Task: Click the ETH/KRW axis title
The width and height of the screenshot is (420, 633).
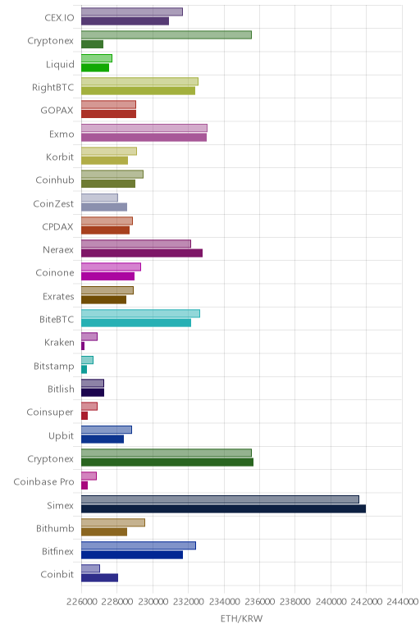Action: click(241, 618)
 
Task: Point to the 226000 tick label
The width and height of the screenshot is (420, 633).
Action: click(82, 602)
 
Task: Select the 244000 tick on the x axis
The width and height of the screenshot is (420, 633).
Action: click(402, 602)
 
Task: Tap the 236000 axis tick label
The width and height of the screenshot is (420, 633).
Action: click(260, 602)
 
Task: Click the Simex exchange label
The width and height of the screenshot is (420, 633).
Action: click(60, 505)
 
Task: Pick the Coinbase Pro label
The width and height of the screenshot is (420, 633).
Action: click(43, 482)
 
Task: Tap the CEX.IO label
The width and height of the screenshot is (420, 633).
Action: click(59, 18)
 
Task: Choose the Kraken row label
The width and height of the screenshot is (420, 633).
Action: click(59, 343)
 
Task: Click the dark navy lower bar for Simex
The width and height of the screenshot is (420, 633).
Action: click(223, 508)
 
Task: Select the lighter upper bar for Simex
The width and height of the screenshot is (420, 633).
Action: click(220, 499)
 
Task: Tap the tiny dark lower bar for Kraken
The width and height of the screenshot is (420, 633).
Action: click(83, 346)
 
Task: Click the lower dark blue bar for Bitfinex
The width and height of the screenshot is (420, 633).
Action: click(132, 555)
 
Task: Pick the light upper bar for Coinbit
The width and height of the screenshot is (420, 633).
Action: click(90, 569)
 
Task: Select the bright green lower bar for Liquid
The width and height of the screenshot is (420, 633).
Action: click(95, 67)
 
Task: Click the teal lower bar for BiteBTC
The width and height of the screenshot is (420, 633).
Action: click(136, 323)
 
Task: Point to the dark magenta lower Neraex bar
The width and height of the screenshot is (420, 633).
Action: click(142, 253)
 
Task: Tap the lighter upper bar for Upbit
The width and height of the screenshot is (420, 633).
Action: click(107, 430)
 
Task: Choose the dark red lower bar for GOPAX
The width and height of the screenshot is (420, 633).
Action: click(108, 114)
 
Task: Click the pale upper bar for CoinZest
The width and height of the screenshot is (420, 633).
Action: click(99, 198)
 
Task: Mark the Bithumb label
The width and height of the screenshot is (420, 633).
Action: click(55, 528)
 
